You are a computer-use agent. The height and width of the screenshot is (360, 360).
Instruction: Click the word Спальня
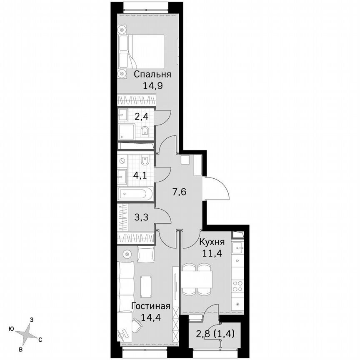tap(152, 75)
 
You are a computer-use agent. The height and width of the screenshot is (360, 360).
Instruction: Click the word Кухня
tap(212, 242)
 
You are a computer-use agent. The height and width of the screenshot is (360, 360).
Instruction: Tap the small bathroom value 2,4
tap(141, 117)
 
